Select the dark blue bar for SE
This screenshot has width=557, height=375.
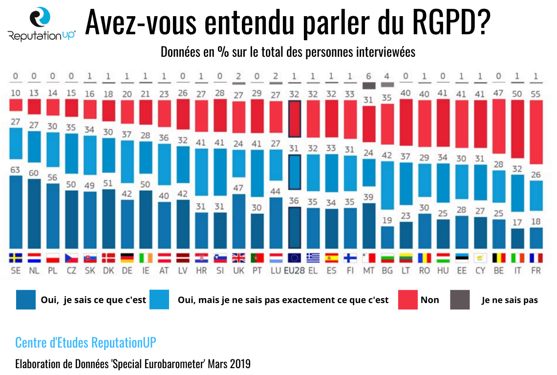16,211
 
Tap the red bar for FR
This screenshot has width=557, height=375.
536,131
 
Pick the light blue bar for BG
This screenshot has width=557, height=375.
387,185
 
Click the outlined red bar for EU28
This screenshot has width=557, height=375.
295,119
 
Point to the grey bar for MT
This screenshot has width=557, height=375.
369,85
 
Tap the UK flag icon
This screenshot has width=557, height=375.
238,258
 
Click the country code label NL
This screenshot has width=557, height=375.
34,270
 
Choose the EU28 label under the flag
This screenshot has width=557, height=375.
295,270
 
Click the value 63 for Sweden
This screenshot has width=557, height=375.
16,170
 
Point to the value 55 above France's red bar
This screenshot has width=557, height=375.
536,94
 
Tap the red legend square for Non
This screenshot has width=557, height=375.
407,300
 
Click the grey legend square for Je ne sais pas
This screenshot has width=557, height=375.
460,300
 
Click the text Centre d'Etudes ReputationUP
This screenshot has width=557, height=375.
86,342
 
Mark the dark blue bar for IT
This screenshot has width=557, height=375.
518,238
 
